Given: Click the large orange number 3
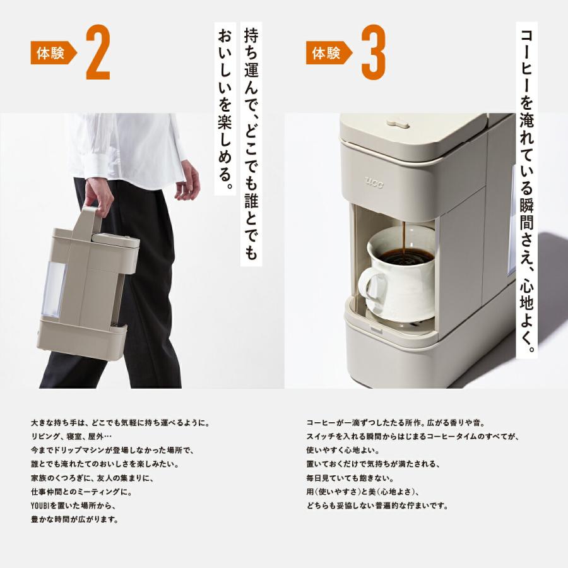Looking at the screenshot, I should [x=374, y=53].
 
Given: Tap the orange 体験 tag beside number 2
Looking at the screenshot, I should [x=52, y=54].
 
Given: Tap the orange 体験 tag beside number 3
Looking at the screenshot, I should [x=328, y=54].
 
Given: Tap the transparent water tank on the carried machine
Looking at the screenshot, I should [x=53, y=290].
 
